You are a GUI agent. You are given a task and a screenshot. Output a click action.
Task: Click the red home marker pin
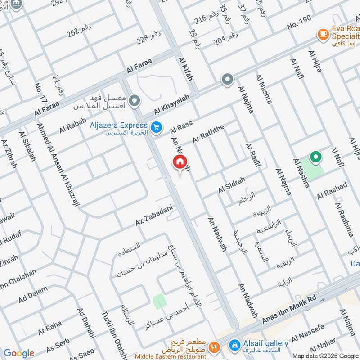180,162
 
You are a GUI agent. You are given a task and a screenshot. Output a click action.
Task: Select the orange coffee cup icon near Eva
323,34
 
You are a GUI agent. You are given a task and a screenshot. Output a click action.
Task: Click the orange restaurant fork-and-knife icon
215,347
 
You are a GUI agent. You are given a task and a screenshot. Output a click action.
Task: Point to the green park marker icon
316,157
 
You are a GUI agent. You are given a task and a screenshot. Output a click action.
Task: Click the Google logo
18,353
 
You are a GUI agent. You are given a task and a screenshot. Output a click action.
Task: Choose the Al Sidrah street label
232,185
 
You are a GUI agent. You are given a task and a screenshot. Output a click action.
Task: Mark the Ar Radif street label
253,155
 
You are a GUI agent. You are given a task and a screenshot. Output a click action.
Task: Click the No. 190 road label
299,22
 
